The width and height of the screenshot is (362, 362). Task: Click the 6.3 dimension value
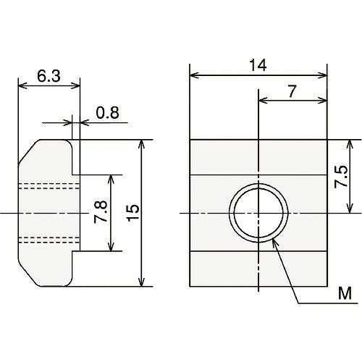[x=49, y=76]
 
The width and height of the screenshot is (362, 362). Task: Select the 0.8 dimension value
[x=108, y=112]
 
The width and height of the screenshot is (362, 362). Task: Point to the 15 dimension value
[x=133, y=213]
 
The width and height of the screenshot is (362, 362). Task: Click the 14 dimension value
[x=258, y=65]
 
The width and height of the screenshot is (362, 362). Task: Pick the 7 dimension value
[x=292, y=91]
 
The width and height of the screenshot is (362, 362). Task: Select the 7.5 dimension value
[x=341, y=177]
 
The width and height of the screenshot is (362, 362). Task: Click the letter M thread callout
[x=345, y=293]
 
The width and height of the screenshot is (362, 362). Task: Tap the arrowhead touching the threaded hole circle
[x=275, y=243]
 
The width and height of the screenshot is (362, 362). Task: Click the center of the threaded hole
[x=258, y=213]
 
